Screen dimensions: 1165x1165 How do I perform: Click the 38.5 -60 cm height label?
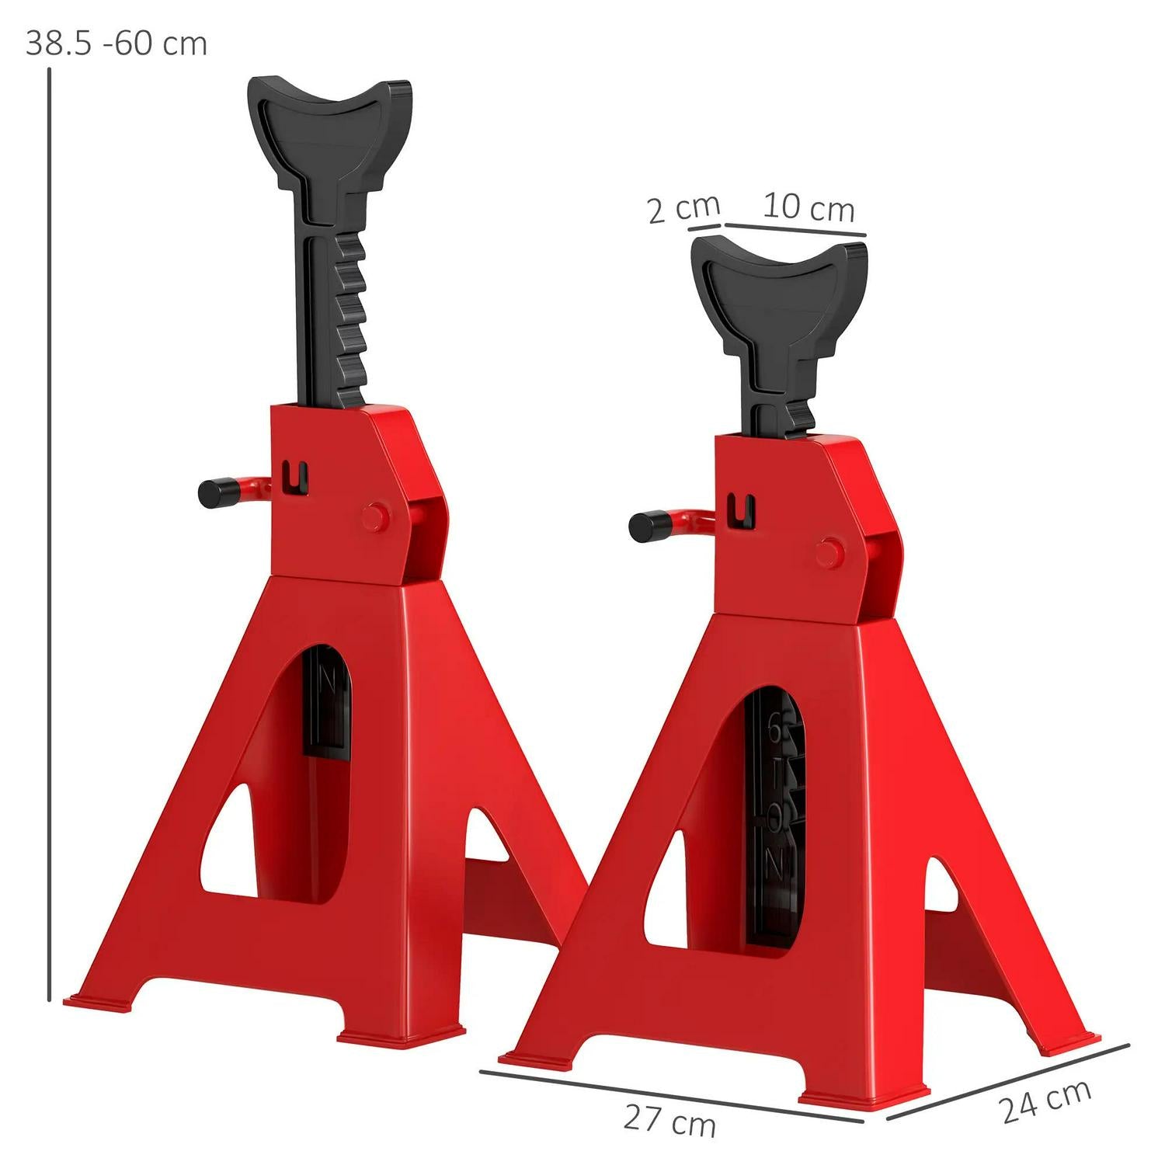point(116,43)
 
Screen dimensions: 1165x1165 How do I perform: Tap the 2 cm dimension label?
point(683,209)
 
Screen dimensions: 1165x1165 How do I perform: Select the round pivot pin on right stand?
point(830,550)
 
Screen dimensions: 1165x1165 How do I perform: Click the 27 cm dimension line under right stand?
point(672,1096)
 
